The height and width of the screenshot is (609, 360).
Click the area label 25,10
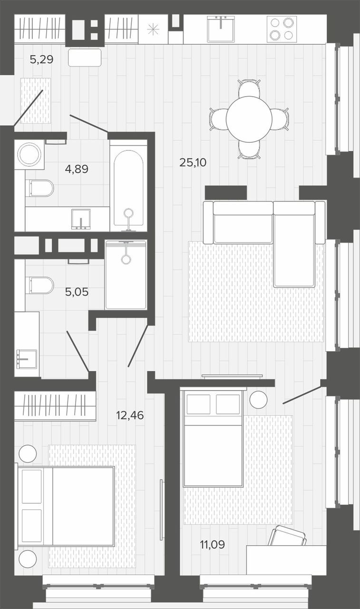tap(193, 163)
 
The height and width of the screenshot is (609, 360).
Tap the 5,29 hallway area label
tap(41, 59)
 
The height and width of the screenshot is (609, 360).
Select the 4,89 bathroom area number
tap(77, 169)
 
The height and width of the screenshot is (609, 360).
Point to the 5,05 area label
tap(77, 292)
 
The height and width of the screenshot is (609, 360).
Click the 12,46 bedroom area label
tap(130, 415)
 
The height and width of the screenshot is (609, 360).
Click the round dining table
tap(249, 119)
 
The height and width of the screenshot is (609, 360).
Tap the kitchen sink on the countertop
tap(221, 29)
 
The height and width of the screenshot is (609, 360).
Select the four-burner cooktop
tap(282, 29)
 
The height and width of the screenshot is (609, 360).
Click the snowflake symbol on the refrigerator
tap(153, 29)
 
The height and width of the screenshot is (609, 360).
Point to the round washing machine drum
tap(29, 154)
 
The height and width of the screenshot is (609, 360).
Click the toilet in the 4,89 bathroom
tap(39, 187)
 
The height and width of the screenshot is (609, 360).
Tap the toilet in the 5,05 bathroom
tap(39, 285)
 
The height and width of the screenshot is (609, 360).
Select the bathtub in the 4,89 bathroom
tap(128, 188)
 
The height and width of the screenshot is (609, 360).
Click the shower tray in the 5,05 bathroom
tap(126, 275)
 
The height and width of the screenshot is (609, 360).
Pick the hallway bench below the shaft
tap(85, 58)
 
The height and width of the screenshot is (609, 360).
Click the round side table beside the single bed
tap(258, 399)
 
